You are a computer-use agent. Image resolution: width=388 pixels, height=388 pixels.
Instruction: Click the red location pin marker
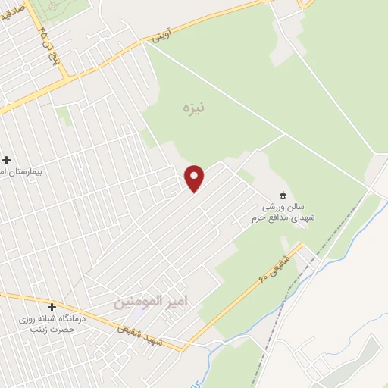click(x=196, y=178)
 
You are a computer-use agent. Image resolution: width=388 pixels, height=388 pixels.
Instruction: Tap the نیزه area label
click(x=194, y=108)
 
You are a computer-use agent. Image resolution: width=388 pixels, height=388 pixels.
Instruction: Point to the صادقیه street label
click(x=13, y=16)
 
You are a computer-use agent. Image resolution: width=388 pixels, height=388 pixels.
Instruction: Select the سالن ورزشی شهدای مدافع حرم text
click(x=283, y=212)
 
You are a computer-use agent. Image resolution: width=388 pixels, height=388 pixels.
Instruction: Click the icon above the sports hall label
click(x=283, y=194)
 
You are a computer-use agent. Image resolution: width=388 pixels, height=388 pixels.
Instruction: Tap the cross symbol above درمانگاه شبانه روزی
click(x=52, y=308)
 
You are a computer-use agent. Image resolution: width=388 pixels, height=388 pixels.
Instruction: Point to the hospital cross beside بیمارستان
click(x=6, y=160)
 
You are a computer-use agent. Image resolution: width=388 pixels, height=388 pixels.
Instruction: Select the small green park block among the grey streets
click(x=63, y=115)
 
